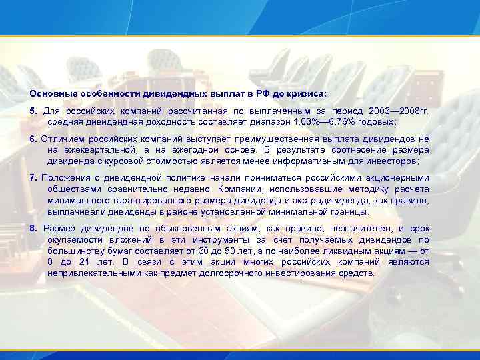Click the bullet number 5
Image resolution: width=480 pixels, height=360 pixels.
[x=33, y=110]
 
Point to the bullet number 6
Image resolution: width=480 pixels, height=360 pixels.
[x=33, y=139]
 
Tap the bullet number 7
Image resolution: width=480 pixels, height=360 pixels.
[x=33, y=177]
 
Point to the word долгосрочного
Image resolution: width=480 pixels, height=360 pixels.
[x=216, y=273]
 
